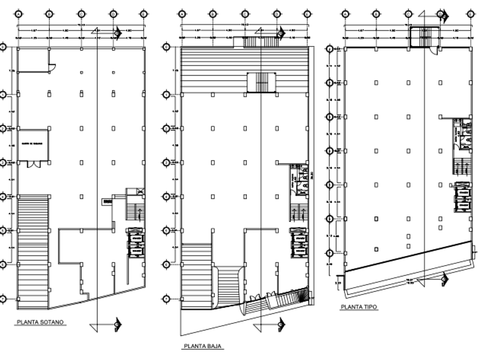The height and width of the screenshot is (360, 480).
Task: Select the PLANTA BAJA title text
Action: click(x=203, y=346)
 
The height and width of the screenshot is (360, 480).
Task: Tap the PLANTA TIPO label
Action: click(x=359, y=307)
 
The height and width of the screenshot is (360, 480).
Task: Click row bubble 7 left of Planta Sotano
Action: click(x=3, y=298)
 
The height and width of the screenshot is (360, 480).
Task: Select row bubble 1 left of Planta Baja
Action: click(x=166, y=94)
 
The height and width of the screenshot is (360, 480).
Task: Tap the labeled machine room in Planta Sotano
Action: click(x=33, y=144)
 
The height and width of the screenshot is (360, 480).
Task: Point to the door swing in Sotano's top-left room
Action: click(x=51, y=67)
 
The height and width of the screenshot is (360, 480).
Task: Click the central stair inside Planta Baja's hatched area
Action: click(x=260, y=82)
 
